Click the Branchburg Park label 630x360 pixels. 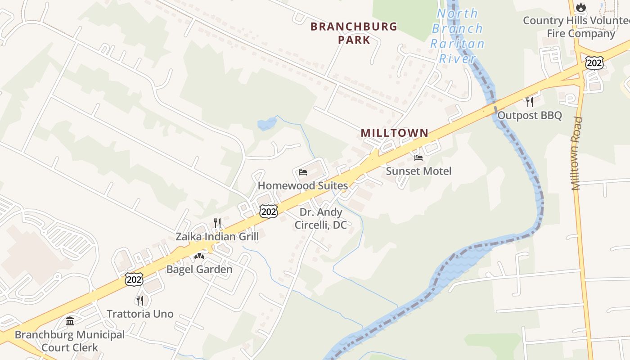tap(354, 33)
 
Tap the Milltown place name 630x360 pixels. tap(394, 133)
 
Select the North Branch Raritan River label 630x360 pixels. tap(457, 36)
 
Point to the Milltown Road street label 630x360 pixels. tap(577, 153)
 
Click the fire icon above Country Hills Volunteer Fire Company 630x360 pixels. tap(580, 7)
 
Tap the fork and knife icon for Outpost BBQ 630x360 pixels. tap(529, 102)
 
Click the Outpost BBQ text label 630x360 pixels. tap(530, 116)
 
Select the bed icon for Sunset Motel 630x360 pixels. tap(418, 158)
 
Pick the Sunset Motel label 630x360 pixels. tap(418, 171)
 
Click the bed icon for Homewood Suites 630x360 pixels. tap(303, 172)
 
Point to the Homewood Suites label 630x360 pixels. tap(303, 185)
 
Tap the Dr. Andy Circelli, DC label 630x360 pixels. tap(321, 218)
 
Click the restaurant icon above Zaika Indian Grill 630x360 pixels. tap(217, 223)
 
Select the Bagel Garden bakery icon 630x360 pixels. tap(199, 256)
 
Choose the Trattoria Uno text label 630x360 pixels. tap(140, 314)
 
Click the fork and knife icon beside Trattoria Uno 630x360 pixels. tap(140, 300)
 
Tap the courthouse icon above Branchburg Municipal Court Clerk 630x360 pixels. tap(70, 321)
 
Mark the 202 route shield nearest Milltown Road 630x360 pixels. tap(594, 63)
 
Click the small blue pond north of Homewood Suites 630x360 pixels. tap(266, 124)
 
